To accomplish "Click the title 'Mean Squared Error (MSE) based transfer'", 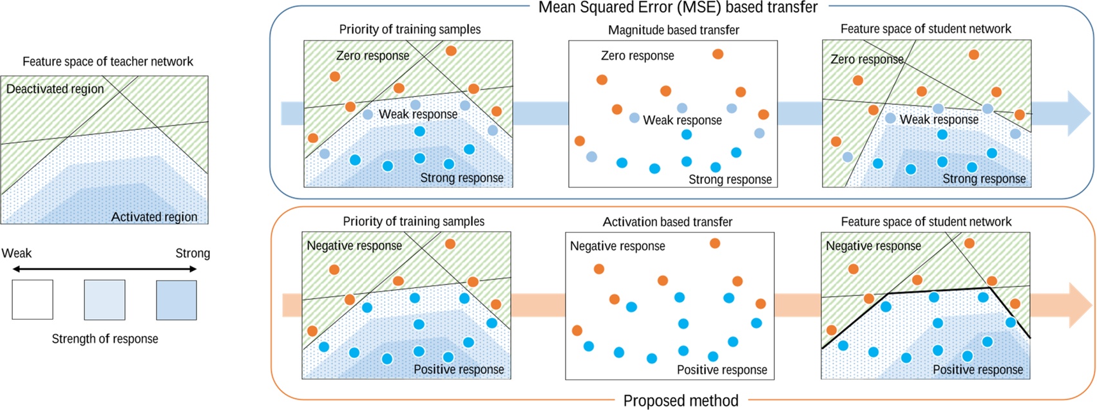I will click(678, 8).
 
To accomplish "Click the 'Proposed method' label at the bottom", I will click(680, 401).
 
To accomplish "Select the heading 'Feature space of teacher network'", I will click(108, 62).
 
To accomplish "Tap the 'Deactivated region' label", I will click(55, 89).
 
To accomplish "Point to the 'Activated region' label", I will click(154, 217).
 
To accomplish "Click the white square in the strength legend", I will click(32, 300).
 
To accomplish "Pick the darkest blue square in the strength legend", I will click(176, 300).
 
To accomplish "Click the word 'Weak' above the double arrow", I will click(16, 254).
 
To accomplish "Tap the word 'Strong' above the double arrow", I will click(193, 254).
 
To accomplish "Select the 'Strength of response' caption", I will click(105, 339).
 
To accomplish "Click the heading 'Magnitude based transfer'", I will click(673, 30).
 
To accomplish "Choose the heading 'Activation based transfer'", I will click(667, 222).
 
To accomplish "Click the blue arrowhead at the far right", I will click(1078, 113).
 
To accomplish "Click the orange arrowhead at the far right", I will click(1078, 305).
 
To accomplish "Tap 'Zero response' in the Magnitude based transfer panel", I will click(637, 56).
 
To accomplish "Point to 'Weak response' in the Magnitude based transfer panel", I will click(682, 120).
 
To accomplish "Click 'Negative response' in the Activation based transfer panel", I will click(617, 247).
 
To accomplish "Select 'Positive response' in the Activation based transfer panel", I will click(721, 370).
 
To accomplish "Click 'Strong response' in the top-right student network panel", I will click(984, 179).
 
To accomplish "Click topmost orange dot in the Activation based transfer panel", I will click(714, 243).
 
